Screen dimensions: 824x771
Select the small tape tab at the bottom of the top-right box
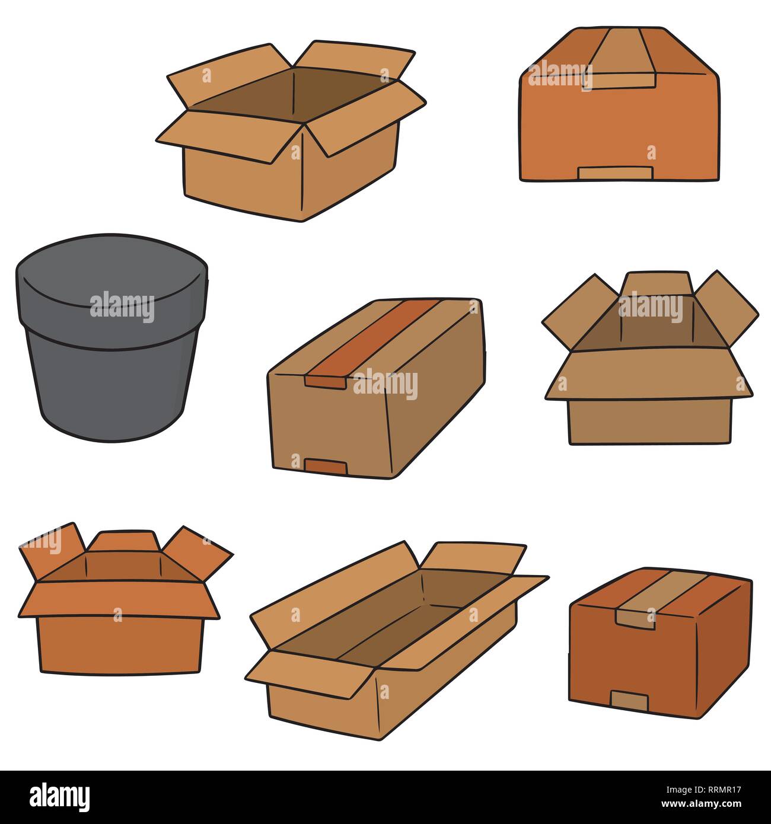pos(615,173)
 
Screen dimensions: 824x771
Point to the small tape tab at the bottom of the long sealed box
pos(326,466)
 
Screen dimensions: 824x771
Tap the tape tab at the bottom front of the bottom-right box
pos(629,701)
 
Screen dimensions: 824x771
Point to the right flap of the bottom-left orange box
pos(199,551)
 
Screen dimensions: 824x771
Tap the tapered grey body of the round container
pos(110,385)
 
